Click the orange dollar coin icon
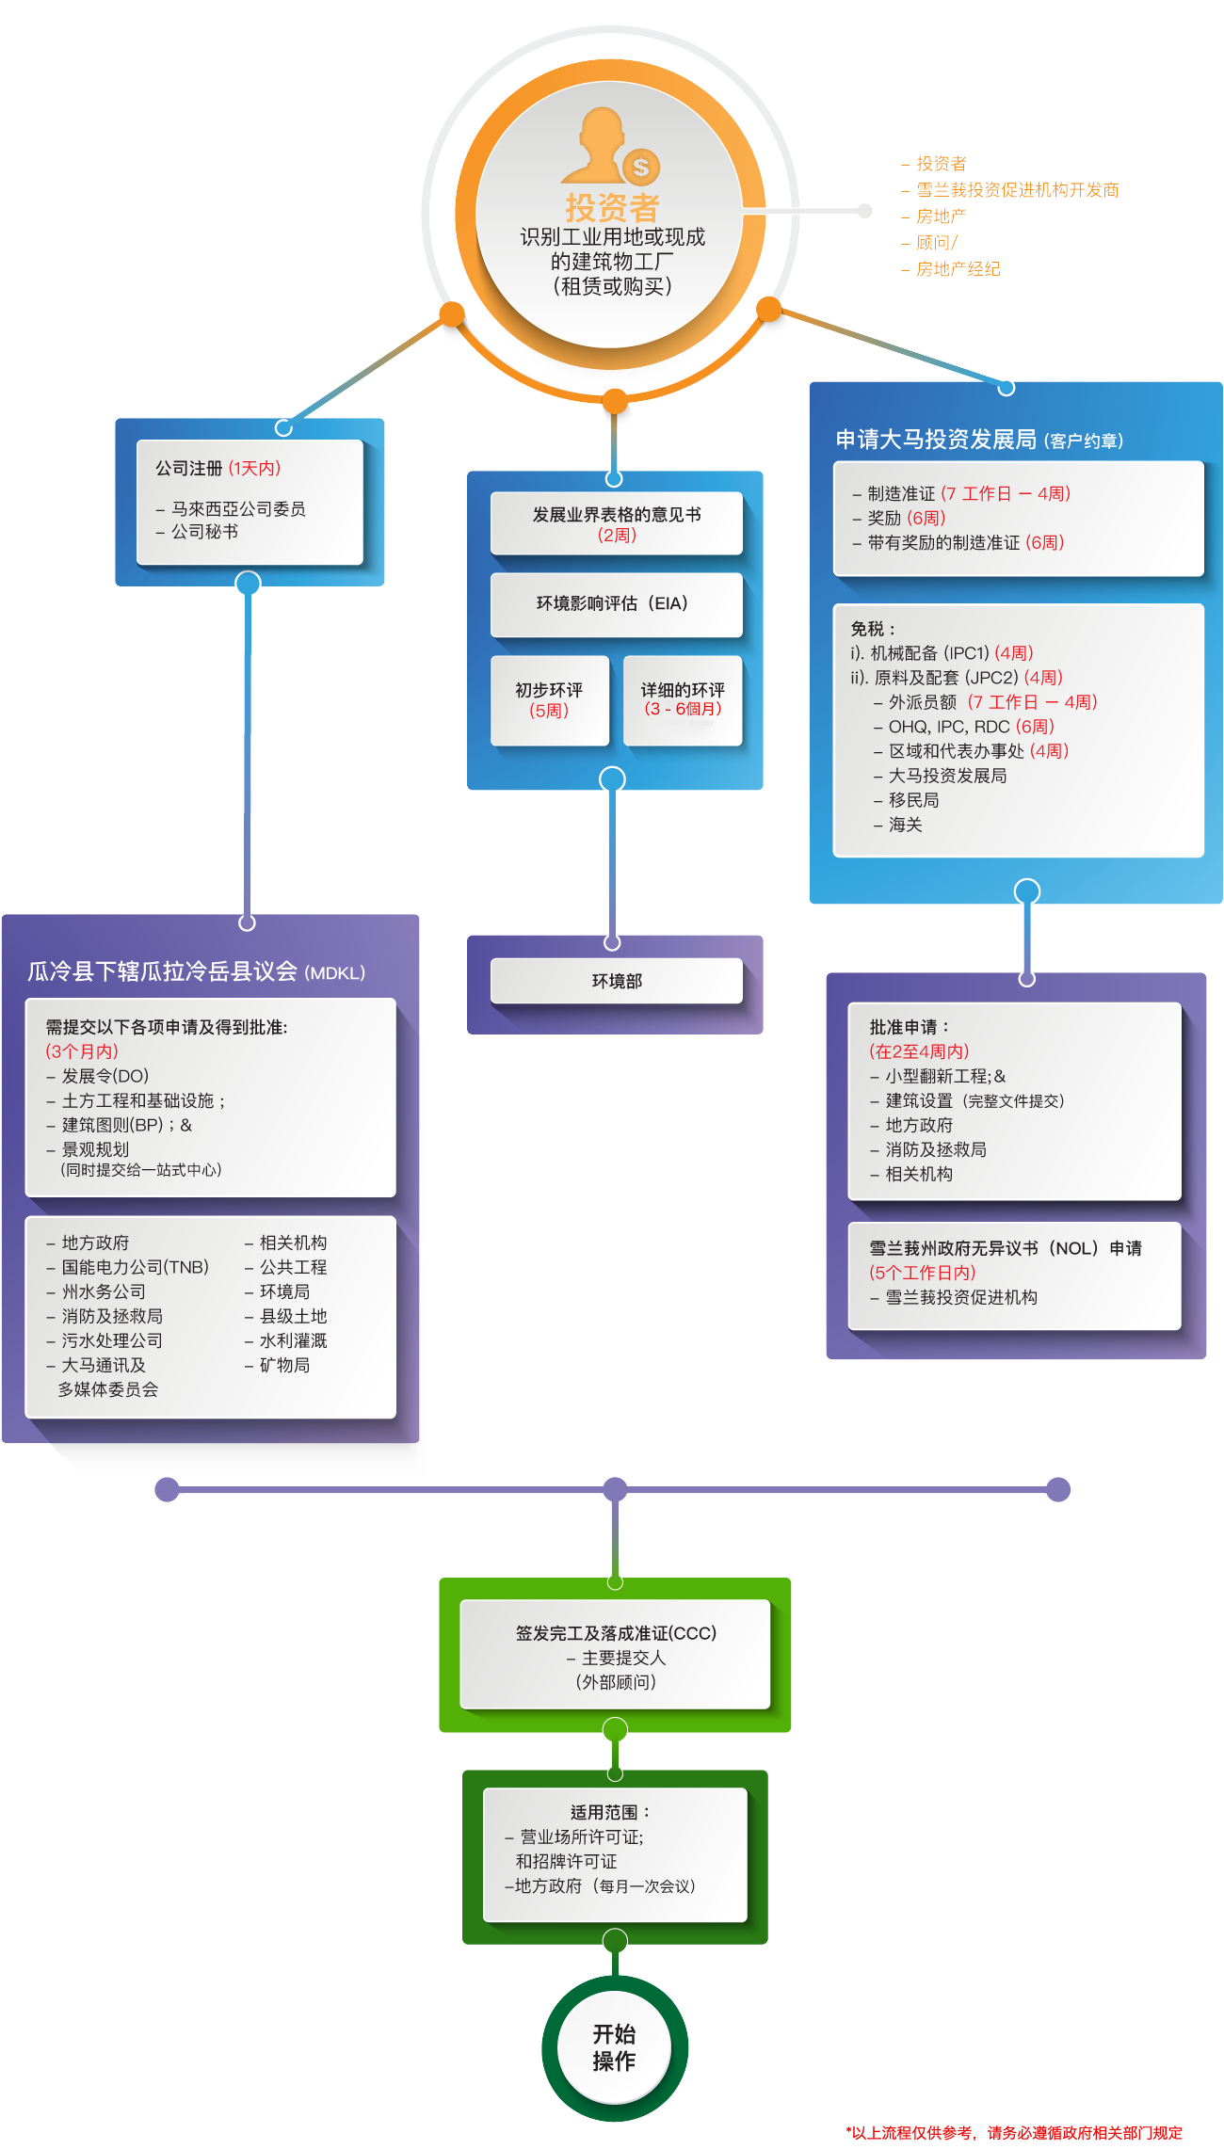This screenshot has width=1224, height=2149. [x=641, y=168]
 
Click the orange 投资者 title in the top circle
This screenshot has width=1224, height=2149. [x=612, y=207]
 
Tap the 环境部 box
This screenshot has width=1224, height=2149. [x=617, y=981]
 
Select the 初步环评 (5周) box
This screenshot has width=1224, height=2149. [x=549, y=700]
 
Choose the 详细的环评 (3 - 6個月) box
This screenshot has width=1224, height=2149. [x=683, y=700]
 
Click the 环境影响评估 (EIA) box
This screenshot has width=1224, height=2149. [x=616, y=604]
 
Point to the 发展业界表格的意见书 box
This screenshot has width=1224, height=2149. [x=616, y=523]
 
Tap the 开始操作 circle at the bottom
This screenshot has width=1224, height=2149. [x=614, y=2047]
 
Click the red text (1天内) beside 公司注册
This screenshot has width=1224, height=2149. [x=254, y=469]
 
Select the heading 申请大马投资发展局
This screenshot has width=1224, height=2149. [x=936, y=440]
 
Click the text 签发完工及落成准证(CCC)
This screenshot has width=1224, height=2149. [x=616, y=1633]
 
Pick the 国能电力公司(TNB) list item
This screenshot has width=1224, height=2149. [x=135, y=1267]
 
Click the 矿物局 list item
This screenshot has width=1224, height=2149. [x=284, y=1365]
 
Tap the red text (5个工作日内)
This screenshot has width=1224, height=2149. [x=923, y=1273]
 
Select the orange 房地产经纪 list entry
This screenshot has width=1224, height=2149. [x=958, y=269]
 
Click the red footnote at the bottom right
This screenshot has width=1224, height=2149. [x=1014, y=2133]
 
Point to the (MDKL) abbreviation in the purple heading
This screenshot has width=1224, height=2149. [x=335, y=973]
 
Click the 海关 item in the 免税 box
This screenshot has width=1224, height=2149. [x=905, y=825]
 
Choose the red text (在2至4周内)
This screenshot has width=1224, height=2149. [x=919, y=1051]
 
